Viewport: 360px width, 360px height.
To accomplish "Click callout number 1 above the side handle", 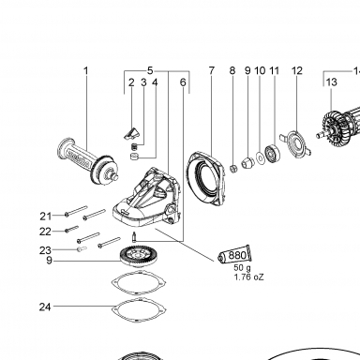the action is (x=86, y=70).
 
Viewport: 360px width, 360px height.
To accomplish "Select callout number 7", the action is (x=212, y=70).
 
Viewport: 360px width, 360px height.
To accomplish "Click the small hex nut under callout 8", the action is (x=233, y=169).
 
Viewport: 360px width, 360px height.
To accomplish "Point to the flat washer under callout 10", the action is (x=260, y=157).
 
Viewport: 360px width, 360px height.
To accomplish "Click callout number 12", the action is (x=297, y=70).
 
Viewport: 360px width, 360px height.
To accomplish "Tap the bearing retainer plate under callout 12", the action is (x=296, y=144).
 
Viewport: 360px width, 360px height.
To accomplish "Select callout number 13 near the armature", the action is (x=332, y=82).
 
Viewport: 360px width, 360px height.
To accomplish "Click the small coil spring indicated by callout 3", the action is (x=133, y=146).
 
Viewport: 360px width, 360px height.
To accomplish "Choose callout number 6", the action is (x=183, y=82).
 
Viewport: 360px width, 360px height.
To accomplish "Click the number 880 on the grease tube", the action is (x=237, y=255).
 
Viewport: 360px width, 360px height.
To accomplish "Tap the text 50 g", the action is (x=242, y=268).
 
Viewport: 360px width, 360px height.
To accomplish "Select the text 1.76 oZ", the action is (x=249, y=277).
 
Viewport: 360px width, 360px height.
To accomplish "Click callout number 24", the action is (x=45, y=307).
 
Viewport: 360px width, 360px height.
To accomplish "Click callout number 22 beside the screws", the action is (x=45, y=232).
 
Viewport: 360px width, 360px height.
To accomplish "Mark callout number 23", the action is (x=45, y=250).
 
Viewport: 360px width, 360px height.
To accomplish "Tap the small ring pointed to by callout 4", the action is (x=134, y=157).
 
